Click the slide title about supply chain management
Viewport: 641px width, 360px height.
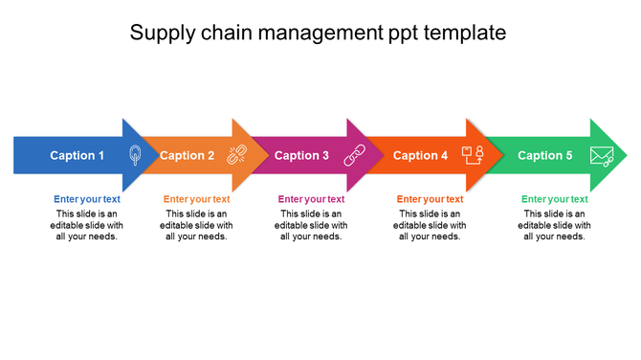tap(318, 33)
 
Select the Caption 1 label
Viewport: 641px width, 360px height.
tap(77, 155)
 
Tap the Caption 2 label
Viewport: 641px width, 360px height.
tap(187, 155)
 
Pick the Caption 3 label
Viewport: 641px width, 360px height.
tap(301, 155)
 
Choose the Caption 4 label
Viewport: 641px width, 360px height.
tap(420, 155)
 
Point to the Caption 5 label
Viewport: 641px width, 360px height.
tap(545, 155)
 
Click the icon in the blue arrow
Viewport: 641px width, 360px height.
tap(134, 155)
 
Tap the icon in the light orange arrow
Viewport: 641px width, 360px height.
tap(236, 155)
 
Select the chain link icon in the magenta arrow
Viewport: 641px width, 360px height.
tap(355, 155)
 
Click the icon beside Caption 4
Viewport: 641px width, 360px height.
tap(474, 155)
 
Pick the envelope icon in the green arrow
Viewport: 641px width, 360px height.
tap(601, 155)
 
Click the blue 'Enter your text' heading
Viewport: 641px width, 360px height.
tap(87, 199)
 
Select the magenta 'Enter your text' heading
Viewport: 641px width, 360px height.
tap(311, 199)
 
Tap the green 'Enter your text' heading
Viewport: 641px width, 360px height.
tap(555, 199)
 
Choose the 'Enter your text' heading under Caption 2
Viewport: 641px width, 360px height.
tap(196, 199)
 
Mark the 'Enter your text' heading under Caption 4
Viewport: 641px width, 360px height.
tap(430, 199)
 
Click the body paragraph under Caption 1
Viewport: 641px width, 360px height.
tap(87, 225)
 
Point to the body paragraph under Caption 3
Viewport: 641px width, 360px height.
tap(311, 225)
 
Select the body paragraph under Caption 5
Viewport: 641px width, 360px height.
tap(555, 225)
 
